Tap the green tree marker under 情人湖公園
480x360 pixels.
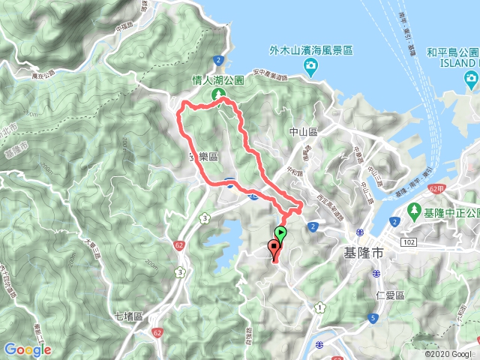tap(219, 94)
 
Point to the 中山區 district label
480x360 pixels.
tap(304, 131)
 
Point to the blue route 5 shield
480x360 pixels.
tap(373, 319)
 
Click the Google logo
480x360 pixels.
tap(27, 349)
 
